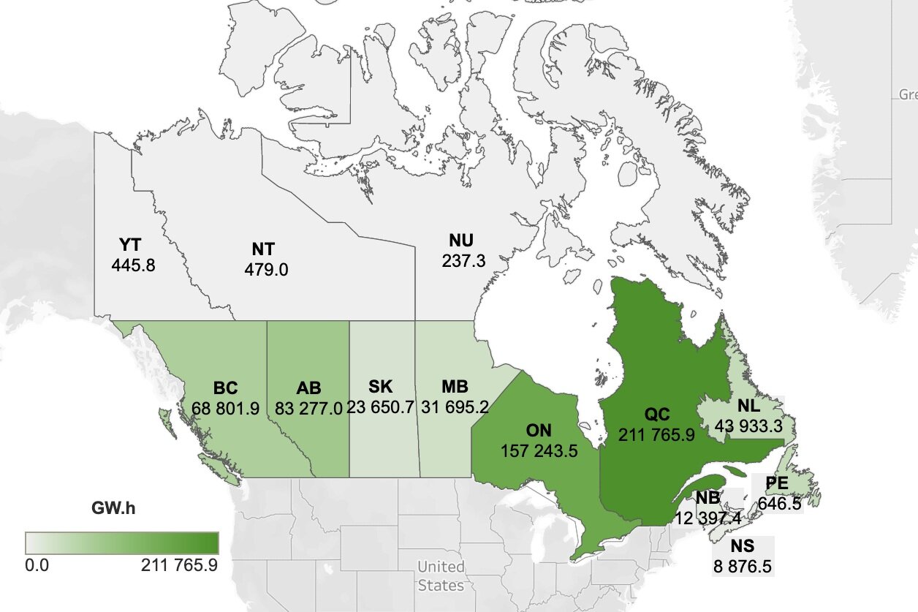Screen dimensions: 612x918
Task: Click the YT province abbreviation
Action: (132, 244)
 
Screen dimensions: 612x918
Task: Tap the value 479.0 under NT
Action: (266, 270)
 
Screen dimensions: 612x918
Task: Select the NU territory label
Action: (461, 241)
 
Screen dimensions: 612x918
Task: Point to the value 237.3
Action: (463, 260)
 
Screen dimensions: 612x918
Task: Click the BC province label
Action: (226, 388)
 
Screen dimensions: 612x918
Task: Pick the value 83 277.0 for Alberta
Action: (308, 408)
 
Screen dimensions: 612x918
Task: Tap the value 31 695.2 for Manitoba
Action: (465, 408)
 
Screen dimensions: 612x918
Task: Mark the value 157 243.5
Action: (539, 450)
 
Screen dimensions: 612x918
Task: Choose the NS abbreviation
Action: (742, 545)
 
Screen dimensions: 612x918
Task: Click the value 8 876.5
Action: (743, 566)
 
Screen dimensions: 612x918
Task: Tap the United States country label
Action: (441, 575)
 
